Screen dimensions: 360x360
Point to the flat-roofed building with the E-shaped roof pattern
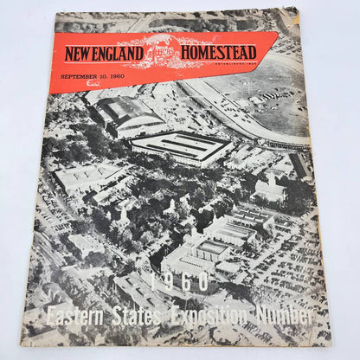point(182,148)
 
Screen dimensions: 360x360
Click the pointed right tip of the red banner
point(278,35)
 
